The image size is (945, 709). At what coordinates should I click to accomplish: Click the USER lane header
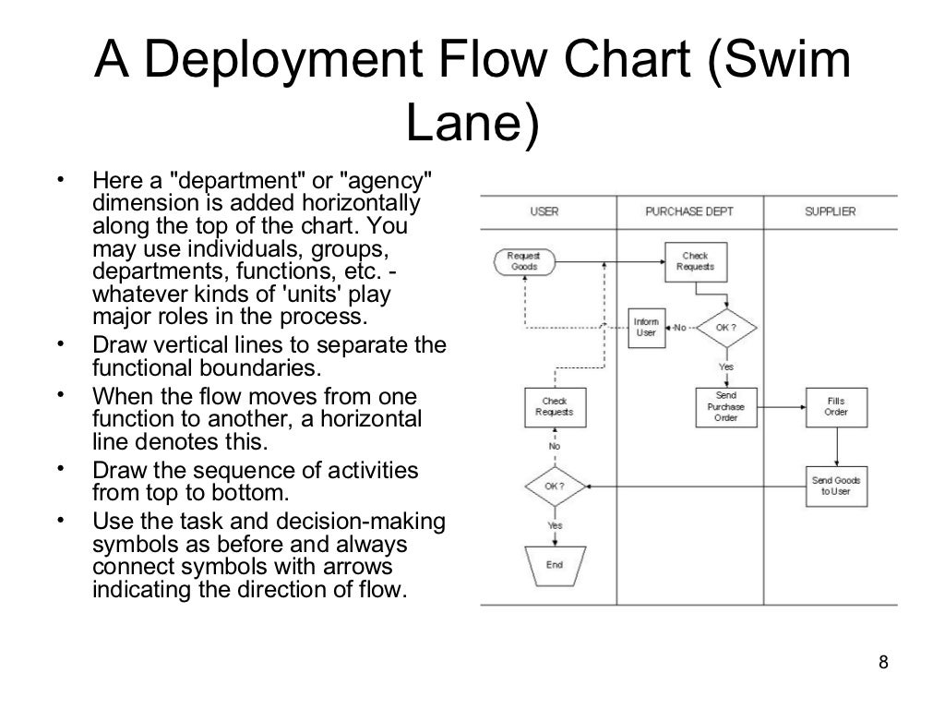(544, 211)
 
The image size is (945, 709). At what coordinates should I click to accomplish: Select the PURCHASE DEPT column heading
(688, 211)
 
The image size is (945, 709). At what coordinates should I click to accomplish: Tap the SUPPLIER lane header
(830, 211)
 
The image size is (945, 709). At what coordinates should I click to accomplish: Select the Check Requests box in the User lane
(555, 406)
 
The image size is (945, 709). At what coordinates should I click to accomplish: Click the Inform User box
(646, 327)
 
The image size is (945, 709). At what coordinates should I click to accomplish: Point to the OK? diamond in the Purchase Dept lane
(725, 327)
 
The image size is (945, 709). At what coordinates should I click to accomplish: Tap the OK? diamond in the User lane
(555, 486)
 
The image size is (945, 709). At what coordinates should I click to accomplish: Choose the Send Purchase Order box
(725, 406)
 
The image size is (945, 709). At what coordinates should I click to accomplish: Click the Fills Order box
(835, 406)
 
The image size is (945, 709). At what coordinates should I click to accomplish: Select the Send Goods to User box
(835, 486)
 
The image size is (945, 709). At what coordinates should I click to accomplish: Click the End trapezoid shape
(555, 564)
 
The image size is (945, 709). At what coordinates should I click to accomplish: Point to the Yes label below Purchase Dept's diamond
(725, 367)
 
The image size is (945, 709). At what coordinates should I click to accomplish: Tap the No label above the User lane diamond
(555, 446)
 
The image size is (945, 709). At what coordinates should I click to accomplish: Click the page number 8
(884, 662)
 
